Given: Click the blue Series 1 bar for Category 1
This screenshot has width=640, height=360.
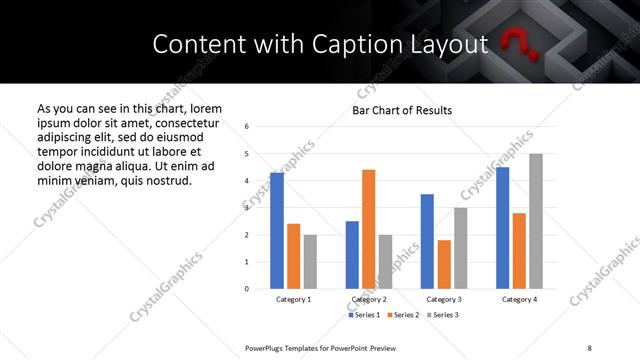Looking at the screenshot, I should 277,231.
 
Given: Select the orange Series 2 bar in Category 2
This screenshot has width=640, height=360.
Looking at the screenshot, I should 368,229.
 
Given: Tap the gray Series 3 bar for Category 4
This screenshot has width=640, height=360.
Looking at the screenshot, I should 536,221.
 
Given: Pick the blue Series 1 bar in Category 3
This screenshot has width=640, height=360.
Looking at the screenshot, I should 427,241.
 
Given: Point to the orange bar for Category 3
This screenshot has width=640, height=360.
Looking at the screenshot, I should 444,264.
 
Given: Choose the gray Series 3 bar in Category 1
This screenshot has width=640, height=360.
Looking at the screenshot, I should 310,262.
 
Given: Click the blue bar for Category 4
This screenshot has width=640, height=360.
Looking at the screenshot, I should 503,228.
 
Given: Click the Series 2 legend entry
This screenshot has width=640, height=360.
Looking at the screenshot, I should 402,315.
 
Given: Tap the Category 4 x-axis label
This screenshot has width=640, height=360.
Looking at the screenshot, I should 519,299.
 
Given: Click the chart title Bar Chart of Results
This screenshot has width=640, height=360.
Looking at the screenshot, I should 402,110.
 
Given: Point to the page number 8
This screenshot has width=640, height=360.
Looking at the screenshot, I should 589,347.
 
